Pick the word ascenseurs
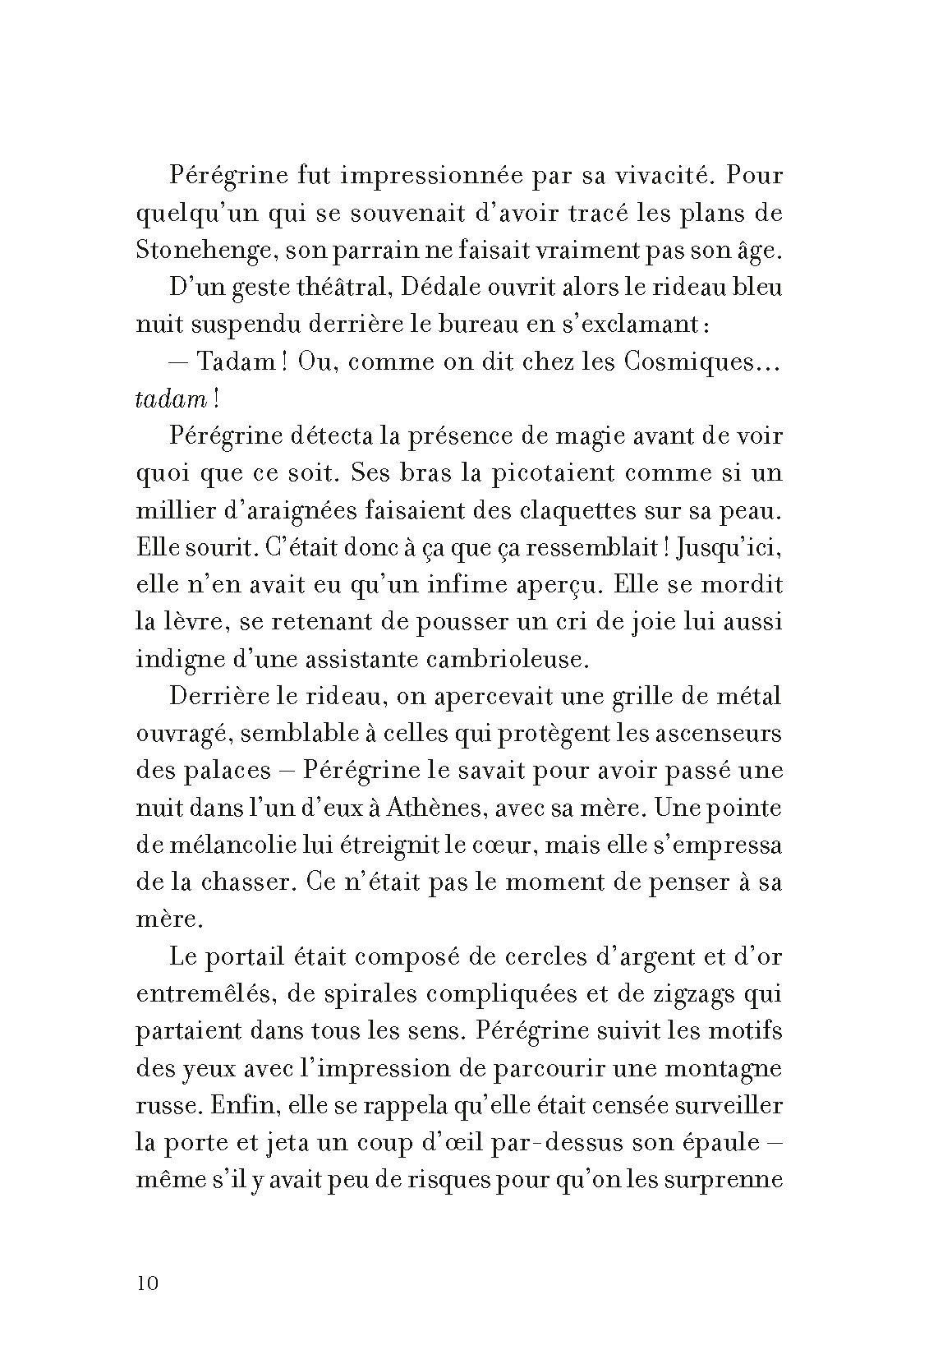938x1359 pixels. (713, 733)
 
